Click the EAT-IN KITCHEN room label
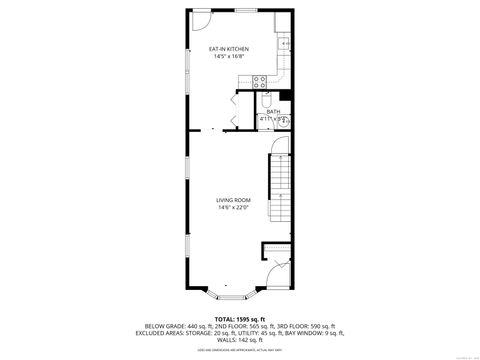(x=229, y=49)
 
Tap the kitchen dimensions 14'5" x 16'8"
(x=229, y=57)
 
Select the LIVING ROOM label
(x=233, y=200)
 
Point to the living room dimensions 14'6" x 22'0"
(x=233, y=208)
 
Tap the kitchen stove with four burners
(x=260, y=82)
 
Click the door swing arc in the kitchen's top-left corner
(x=200, y=19)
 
